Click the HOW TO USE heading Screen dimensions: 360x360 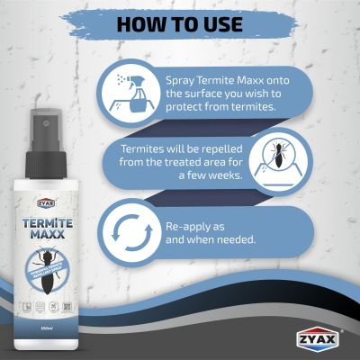point(179,22)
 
